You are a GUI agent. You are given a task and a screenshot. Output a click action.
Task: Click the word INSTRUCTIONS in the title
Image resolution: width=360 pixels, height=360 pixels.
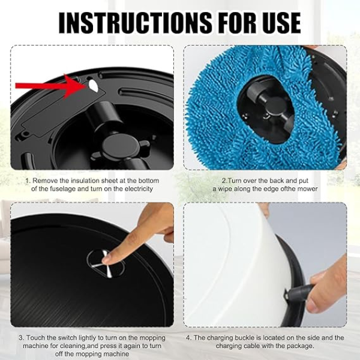pos(135,23)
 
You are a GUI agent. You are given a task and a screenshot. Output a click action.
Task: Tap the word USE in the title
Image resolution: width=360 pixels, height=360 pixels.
pos(278,23)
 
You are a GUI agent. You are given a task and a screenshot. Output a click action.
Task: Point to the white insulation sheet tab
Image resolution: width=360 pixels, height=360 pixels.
pos(93,85)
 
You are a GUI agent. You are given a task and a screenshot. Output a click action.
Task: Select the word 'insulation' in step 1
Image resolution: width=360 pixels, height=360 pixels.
pos(87,181)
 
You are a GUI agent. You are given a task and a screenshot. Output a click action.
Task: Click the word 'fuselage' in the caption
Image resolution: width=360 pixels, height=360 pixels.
pos(63,189)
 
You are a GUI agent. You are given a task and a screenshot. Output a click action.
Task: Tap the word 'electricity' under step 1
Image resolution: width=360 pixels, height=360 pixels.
pos(139,189)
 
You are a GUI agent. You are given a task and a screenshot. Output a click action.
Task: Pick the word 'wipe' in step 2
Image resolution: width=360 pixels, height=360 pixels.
pos(225,189)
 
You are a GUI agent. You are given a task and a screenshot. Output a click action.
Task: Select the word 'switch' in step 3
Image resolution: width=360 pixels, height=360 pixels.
pos(68,338)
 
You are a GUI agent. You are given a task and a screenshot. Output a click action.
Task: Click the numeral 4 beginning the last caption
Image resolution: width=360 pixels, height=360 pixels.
pos(188,338)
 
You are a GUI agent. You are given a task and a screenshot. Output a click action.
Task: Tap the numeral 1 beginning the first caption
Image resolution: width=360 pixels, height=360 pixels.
pos(28,181)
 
